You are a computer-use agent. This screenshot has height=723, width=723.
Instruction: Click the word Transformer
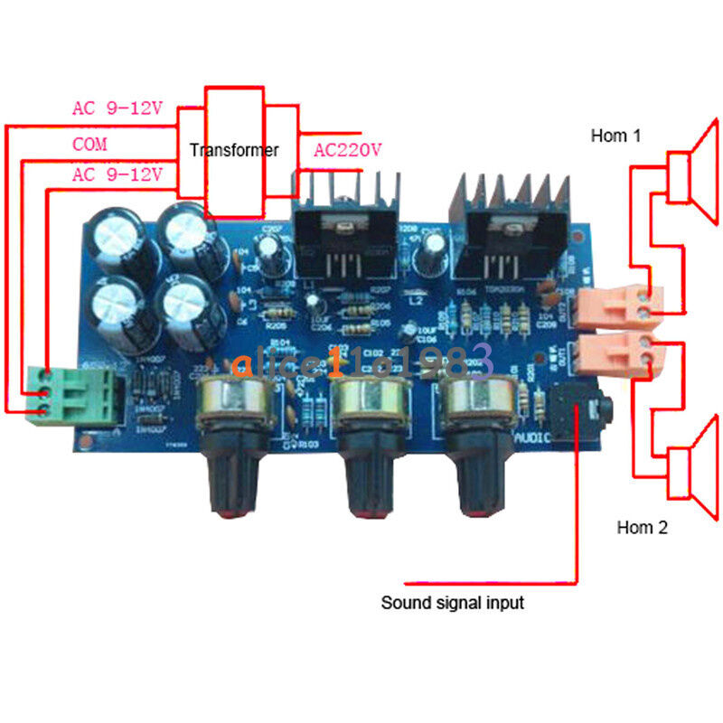234,150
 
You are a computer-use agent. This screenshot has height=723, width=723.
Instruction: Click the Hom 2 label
642,528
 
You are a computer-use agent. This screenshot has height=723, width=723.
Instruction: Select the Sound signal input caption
451,602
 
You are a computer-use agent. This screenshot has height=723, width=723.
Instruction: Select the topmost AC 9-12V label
117,108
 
